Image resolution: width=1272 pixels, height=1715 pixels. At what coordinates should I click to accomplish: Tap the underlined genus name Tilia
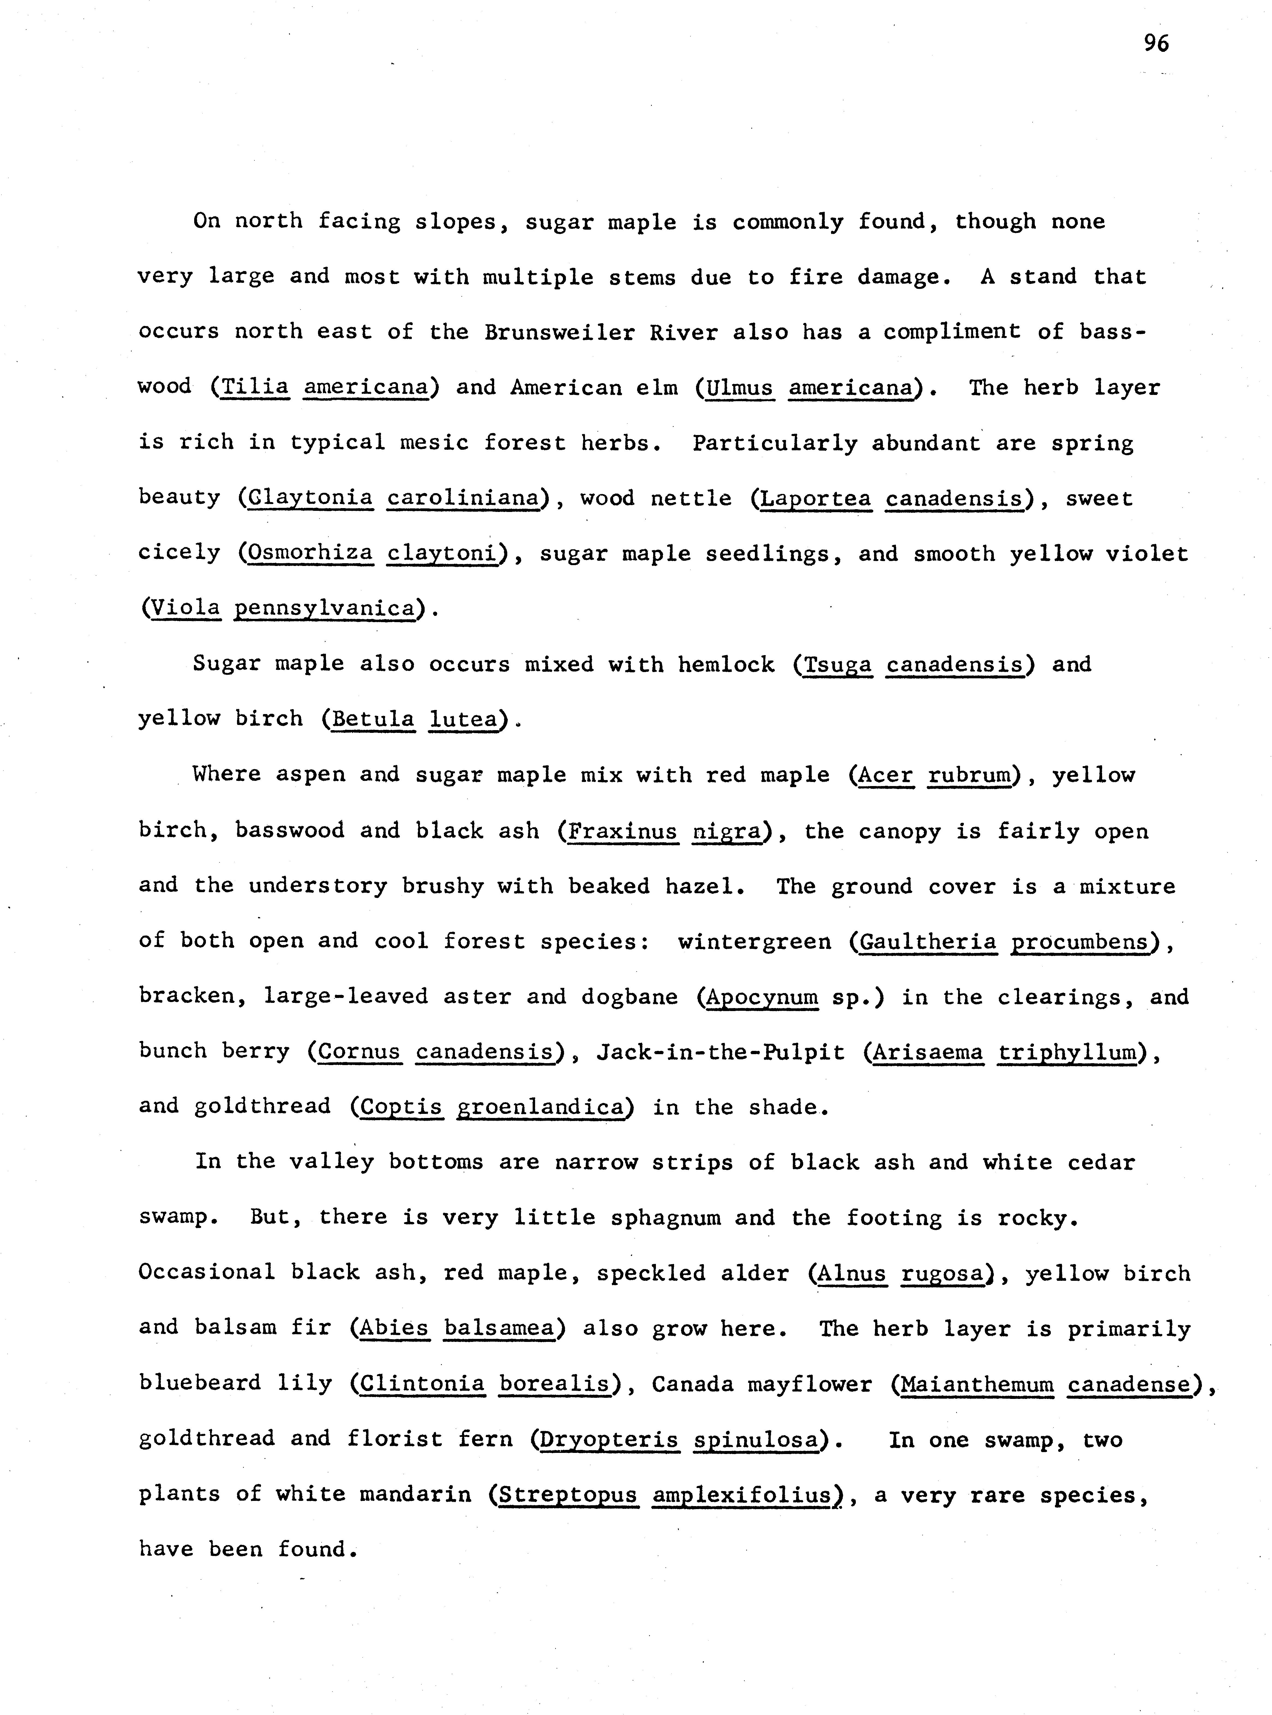click(x=255, y=386)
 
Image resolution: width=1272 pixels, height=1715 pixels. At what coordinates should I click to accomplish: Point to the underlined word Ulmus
click(x=739, y=386)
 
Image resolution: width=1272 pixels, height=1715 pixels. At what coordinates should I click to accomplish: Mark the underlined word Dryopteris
click(x=609, y=1439)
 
